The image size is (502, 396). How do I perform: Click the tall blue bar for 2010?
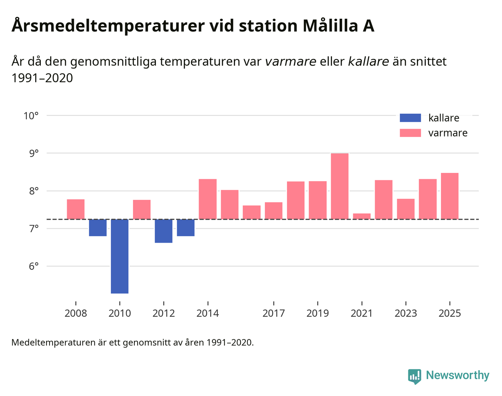click(120, 256)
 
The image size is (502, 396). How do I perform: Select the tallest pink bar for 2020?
click(340, 186)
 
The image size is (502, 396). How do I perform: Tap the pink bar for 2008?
click(76, 209)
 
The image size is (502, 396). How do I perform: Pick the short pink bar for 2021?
click(362, 216)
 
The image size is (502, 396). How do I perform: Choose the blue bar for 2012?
click(164, 231)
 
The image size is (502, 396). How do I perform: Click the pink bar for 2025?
click(450, 196)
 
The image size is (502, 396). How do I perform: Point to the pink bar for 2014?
click(208, 199)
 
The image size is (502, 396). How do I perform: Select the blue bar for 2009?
click(98, 228)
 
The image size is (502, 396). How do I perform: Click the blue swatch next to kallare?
click(410, 118)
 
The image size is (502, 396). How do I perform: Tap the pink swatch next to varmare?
click(410, 133)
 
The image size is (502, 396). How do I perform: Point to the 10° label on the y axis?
click(31, 115)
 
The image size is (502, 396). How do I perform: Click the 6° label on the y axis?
click(34, 266)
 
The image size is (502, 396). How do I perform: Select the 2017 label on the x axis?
click(273, 313)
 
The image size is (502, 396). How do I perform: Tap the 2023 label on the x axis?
click(406, 313)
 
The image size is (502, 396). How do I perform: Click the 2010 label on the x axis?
click(120, 313)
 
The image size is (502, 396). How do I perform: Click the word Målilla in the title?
click(330, 26)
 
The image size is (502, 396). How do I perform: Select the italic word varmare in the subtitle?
click(290, 61)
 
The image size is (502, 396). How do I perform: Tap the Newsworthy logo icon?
click(415, 376)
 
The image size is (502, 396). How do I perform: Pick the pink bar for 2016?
click(252, 212)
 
